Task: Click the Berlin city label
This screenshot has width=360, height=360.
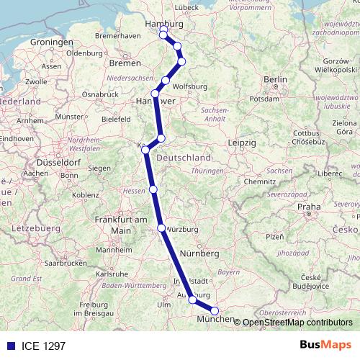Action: click(x=275, y=79)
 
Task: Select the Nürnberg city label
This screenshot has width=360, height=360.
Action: click(x=199, y=253)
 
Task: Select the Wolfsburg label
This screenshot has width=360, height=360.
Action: click(x=190, y=86)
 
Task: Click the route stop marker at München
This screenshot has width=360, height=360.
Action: click(x=215, y=311)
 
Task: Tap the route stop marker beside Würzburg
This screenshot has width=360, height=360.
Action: click(x=161, y=228)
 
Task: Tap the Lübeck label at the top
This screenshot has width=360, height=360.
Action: click(x=186, y=7)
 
